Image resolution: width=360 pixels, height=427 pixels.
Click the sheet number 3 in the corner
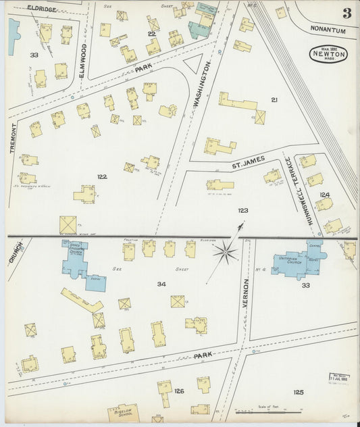(x=346, y=13)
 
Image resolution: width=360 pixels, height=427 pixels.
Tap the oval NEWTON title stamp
(x=329, y=54)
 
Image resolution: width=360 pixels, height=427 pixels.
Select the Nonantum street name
(x=328, y=30)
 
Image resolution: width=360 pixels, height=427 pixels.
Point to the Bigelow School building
(x=123, y=411)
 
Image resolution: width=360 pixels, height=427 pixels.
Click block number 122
(x=101, y=177)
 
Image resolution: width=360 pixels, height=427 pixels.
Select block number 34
(x=161, y=284)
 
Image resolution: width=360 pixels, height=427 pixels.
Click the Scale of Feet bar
(x=260, y=410)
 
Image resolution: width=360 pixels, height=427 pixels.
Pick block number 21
(x=274, y=99)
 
